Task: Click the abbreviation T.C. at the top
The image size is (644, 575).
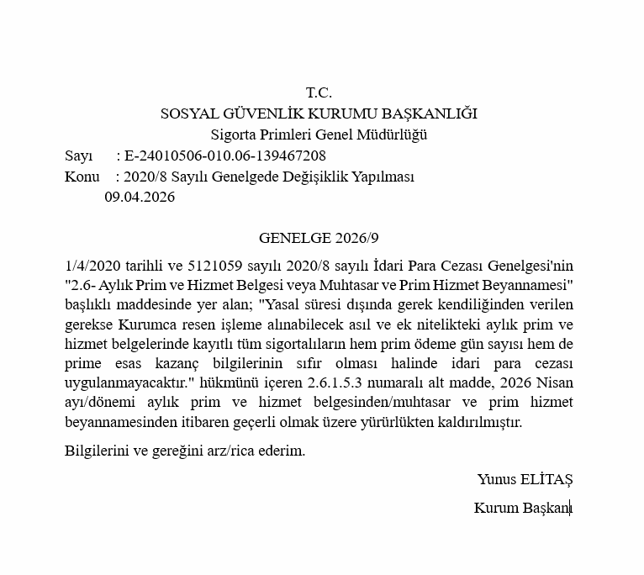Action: (319, 92)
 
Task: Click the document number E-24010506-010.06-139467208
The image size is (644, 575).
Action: (224, 156)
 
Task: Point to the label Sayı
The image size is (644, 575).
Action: (79, 156)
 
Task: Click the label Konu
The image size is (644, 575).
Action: (82, 177)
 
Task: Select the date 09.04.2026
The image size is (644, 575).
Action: (140, 198)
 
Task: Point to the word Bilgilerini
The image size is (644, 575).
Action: (100, 451)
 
